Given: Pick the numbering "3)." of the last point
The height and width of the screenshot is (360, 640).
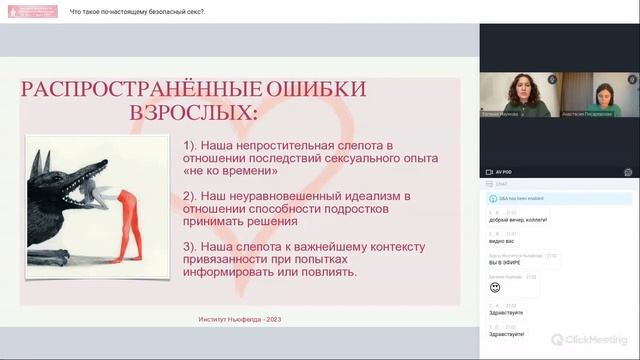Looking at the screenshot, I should [192, 245].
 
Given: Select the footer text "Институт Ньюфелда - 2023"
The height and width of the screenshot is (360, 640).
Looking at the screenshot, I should [239, 320].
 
